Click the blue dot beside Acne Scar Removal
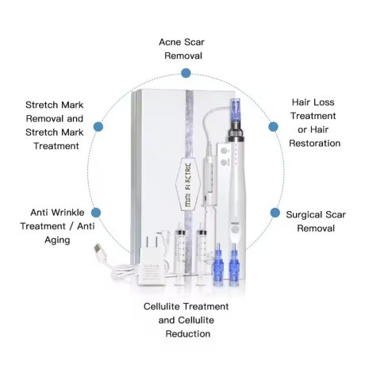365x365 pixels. pyautogui.click(x=186, y=73)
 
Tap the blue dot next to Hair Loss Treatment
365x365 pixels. pyautogui.click(x=273, y=127)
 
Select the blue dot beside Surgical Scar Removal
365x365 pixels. pyautogui.click(x=275, y=213)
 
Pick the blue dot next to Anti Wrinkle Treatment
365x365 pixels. pyautogui.click(x=96, y=213)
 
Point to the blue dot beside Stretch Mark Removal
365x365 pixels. pyautogui.click(x=98, y=126)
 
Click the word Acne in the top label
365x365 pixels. pyautogui.click(x=170, y=42)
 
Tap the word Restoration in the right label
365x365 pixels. pyautogui.click(x=314, y=144)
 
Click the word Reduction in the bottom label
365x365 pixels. pyautogui.click(x=188, y=334)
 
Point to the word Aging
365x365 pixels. pyautogui.click(x=57, y=240)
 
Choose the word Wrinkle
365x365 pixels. pyautogui.click(x=67, y=213)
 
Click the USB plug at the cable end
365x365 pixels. pyautogui.click(x=98, y=249)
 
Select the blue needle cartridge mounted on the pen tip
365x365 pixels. pyautogui.click(x=235, y=111)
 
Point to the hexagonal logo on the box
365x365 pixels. pyautogui.click(x=188, y=184)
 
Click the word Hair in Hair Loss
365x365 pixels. pyautogui.click(x=299, y=102)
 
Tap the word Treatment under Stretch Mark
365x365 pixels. pyautogui.click(x=56, y=146)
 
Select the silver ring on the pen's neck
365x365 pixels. pyautogui.click(x=235, y=139)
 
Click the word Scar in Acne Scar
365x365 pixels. pyautogui.click(x=194, y=42)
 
